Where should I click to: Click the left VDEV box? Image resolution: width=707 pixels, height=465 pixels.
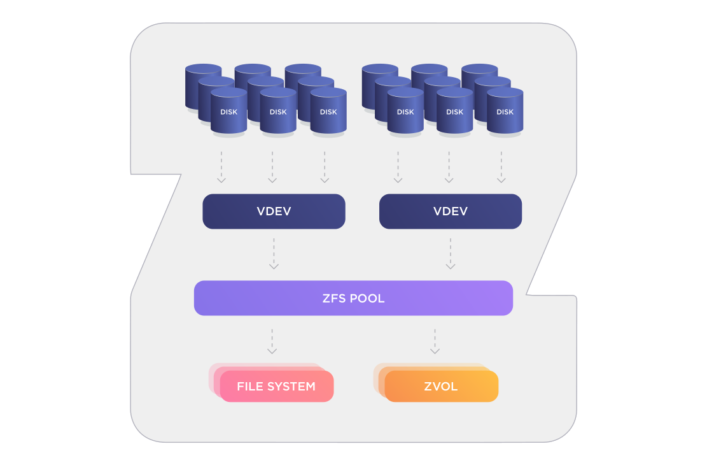point(274,211)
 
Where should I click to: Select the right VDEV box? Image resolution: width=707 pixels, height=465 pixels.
point(451,211)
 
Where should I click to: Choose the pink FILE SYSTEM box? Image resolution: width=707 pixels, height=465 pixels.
point(276,386)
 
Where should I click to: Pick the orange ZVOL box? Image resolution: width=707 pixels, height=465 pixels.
point(441,386)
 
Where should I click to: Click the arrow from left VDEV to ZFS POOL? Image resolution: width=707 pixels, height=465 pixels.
point(274,254)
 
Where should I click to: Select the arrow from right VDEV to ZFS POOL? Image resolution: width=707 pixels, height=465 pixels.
point(451,254)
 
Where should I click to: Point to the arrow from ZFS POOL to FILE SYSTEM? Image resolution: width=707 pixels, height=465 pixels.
point(272,341)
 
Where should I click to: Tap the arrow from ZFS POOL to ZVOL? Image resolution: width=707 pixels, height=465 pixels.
point(435,341)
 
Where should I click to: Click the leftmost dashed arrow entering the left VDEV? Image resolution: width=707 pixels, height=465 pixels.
point(221,167)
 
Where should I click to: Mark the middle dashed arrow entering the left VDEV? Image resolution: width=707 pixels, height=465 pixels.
point(272,167)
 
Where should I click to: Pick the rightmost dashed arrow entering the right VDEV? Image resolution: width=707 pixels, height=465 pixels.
point(501,167)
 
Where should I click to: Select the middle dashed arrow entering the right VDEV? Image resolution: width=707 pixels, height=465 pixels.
point(449,167)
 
